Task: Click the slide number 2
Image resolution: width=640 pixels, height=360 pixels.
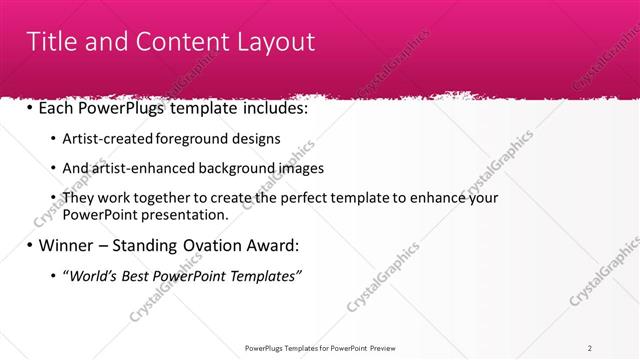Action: coord(590,348)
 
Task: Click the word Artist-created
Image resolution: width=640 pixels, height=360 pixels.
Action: coord(110,138)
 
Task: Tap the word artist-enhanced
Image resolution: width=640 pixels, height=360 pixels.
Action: coord(143,168)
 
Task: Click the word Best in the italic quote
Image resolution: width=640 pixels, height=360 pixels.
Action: coord(140,275)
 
